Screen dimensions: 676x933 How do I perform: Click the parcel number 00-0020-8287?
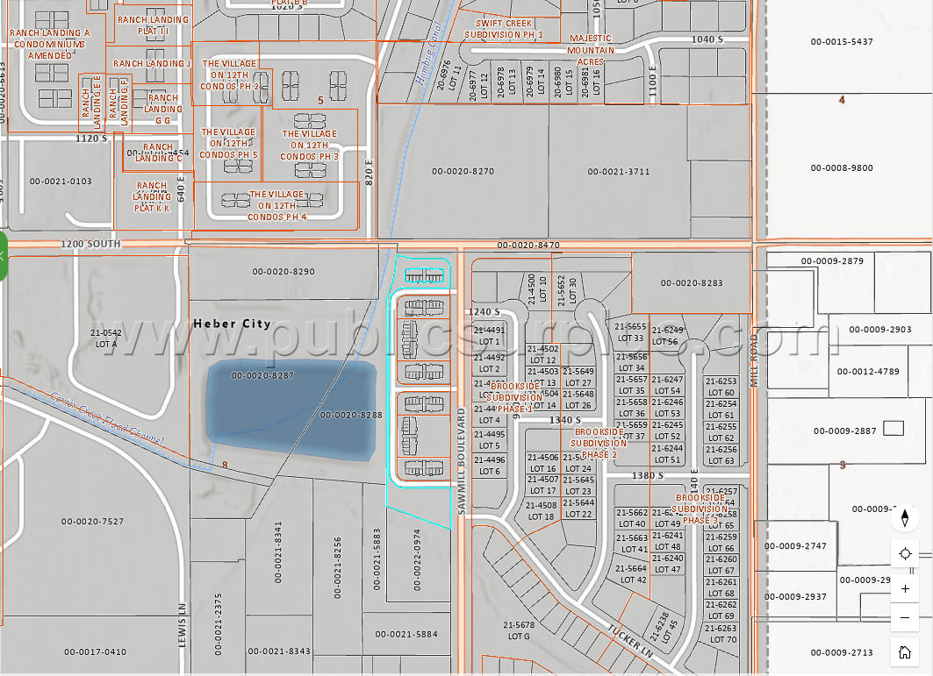[x=262, y=375]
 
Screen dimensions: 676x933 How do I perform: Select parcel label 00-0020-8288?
[x=351, y=415]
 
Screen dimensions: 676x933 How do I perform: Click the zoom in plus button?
[x=905, y=588]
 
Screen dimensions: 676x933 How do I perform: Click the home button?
[x=905, y=651]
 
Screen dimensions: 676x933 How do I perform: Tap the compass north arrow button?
[x=905, y=518]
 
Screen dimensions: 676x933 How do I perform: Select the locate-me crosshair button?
[x=905, y=553]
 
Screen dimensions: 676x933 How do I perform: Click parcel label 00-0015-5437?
[x=842, y=42]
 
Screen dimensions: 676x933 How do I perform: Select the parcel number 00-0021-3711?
[x=619, y=172]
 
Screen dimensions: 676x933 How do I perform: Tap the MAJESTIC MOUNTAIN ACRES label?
[x=591, y=50]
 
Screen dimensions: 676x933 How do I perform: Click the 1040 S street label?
[x=707, y=39]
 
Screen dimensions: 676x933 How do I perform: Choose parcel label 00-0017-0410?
[x=95, y=651]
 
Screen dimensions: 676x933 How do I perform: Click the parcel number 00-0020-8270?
[x=463, y=172]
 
